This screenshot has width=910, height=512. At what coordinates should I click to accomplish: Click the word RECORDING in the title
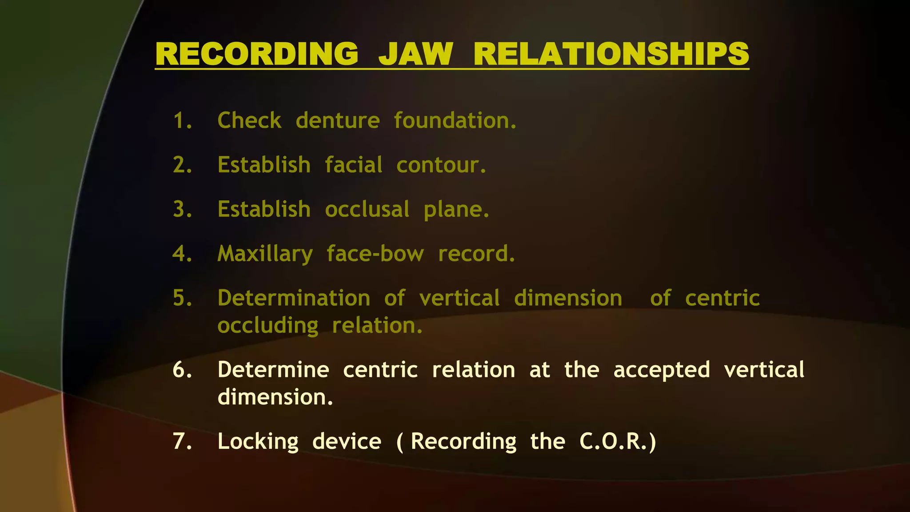257,54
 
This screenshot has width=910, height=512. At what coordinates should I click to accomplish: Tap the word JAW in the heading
415,54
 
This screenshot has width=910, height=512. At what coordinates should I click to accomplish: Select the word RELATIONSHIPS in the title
611,54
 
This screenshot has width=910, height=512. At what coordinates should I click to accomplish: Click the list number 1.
182,121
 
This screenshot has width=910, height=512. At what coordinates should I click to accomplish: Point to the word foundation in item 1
455,120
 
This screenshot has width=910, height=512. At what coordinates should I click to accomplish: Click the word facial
353,165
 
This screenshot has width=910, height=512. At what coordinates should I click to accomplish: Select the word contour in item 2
441,165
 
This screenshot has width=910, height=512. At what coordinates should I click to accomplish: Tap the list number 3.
182,209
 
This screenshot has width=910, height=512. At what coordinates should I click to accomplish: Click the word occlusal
367,209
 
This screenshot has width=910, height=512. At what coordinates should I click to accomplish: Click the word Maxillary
265,254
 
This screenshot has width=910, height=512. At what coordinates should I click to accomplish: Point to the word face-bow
375,254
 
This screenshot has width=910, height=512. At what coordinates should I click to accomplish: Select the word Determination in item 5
294,298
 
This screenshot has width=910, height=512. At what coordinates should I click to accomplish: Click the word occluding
267,326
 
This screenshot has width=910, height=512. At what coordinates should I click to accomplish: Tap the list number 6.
182,370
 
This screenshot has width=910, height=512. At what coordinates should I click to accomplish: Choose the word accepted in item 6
662,370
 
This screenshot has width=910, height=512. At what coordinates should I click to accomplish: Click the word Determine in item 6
273,370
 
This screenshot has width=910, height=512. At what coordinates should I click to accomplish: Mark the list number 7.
182,441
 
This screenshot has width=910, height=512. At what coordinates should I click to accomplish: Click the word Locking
258,442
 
